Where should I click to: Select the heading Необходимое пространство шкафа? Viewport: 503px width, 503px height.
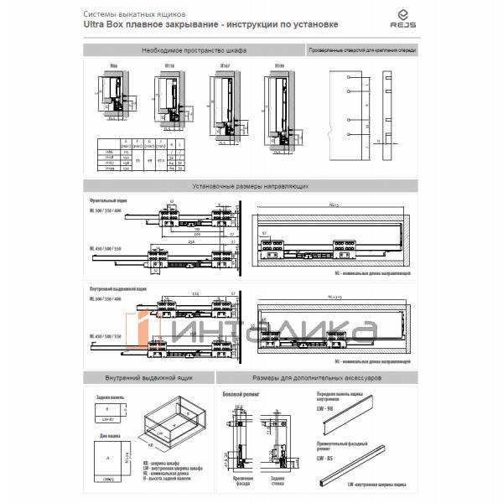[x=194, y=51]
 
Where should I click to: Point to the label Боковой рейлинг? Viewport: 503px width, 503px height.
[x=238, y=393]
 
